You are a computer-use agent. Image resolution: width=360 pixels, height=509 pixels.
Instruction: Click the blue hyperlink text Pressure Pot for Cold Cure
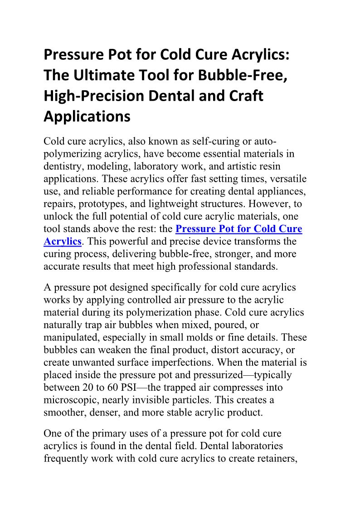238,229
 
